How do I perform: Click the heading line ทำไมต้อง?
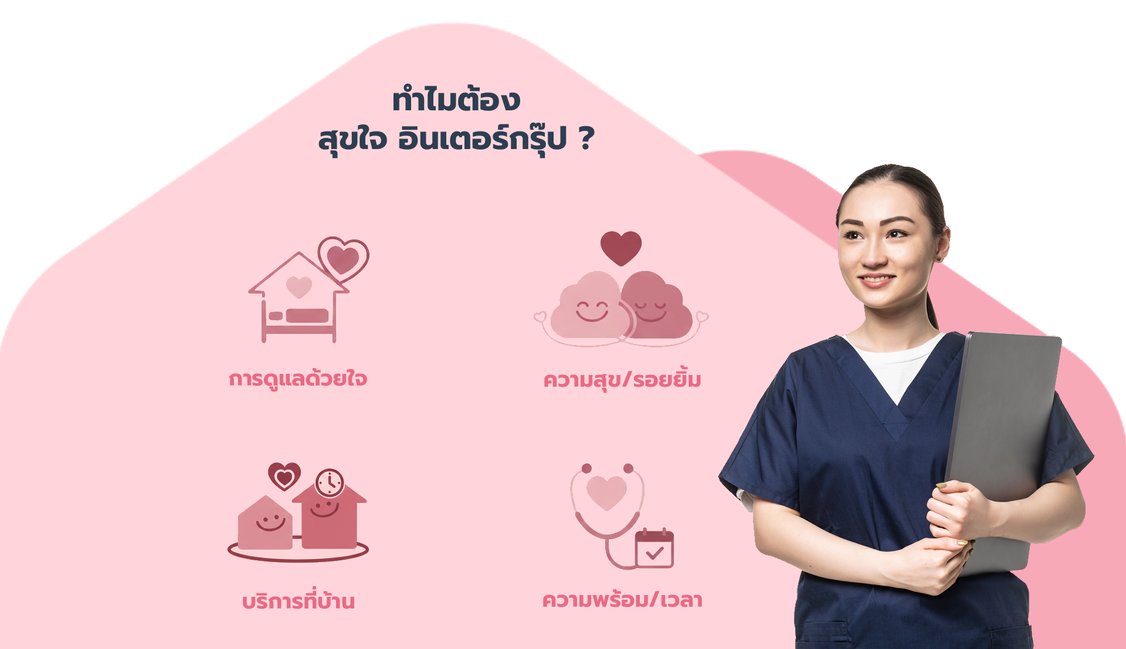coord(456,99)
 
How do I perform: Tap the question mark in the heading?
coord(586,139)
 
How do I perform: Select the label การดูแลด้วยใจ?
coord(298,378)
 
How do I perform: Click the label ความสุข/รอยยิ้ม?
coord(622,380)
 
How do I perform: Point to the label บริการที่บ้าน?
coord(299,599)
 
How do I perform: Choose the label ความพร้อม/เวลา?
coord(622,600)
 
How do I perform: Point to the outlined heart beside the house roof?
coord(343,259)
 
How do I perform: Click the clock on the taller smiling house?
coord(330,484)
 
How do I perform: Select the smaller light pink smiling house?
coord(265,523)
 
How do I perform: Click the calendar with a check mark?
coord(654,548)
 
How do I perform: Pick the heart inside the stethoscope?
coord(607,492)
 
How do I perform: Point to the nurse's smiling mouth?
coord(876,280)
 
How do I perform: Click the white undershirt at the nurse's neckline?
coord(894,364)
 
